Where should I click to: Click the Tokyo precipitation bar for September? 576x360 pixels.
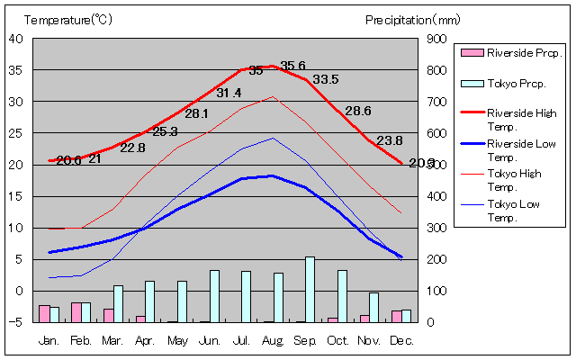(x=310, y=289)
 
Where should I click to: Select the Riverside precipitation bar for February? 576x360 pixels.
(x=76, y=311)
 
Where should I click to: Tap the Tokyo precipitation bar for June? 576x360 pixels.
(x=214, y=295)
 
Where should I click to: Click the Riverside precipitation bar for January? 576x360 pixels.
(x=44, y=313)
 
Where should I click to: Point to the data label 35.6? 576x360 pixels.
(x=292, y=66)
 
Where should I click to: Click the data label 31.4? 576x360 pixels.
(x=229, y=93)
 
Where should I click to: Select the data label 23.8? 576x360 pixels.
(x=390, y=140)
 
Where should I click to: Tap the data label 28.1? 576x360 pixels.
(x=196, y=114)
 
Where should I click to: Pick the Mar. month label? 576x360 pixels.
(x=112, y=340)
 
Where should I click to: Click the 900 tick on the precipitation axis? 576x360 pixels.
(x=436, y=39)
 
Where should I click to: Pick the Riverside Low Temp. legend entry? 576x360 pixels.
(x=519, y=149)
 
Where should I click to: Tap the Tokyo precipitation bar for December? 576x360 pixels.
(x=406, y=315)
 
